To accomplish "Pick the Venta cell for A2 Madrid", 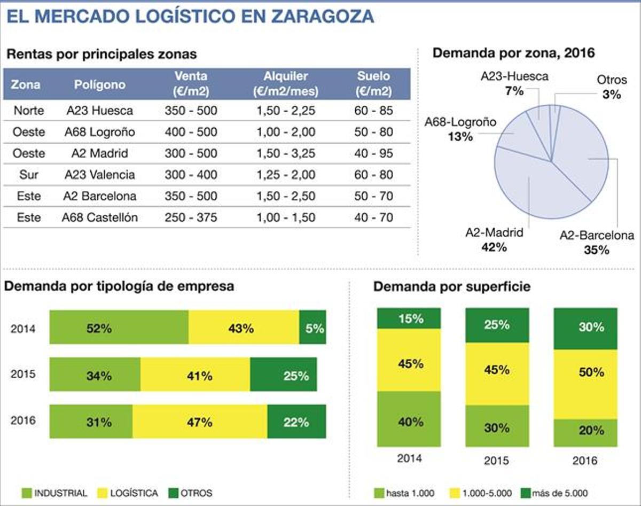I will [191, 153].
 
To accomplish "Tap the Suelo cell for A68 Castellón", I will [374, 217].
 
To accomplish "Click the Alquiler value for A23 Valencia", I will [286, 175].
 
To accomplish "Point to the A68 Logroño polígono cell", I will [100, 132].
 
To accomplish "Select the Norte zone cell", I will [29, 111].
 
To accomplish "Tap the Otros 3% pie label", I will [609, 88].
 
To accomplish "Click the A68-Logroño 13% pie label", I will [460, 129].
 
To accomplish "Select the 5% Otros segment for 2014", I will [312, 327].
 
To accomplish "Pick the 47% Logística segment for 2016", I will [199, 422].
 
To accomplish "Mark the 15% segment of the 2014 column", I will [409, 318].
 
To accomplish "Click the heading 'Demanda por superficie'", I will [451, 286].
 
